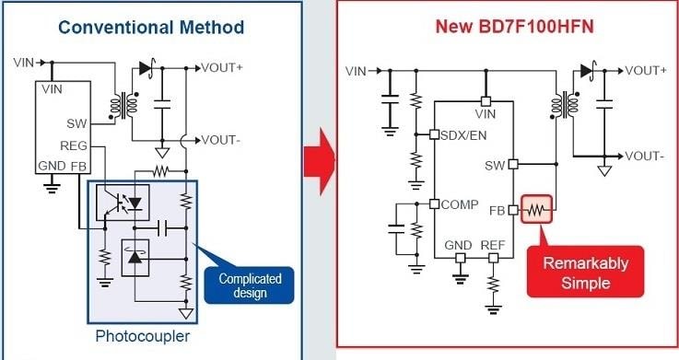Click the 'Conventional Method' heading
[x=151, y=27]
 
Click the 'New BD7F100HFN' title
[x=514, y=27]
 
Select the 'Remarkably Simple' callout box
[x=585, y=273]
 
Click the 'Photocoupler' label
[x=143, y=336]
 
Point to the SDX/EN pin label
[x=463, y=135]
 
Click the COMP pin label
[x=458, y=203]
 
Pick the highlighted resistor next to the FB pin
[x=537, y=210]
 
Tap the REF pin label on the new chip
[x=493, y=245]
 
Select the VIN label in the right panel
[x=357, y=71]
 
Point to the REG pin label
[x=74, y=145]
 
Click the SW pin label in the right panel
[x=495, y=166]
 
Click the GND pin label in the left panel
[x=52, y=166]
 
